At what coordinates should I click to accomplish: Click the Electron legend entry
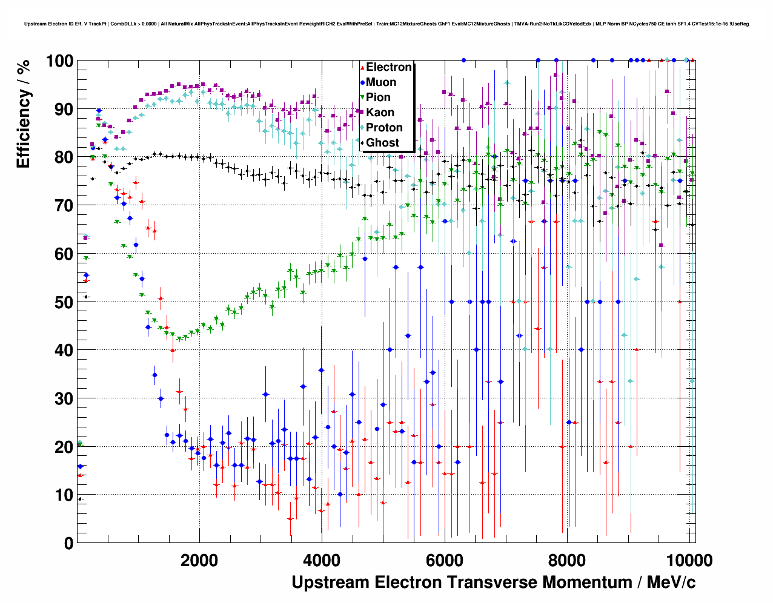click(x=388, y=67)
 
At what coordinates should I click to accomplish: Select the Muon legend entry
click(x=381, y=82)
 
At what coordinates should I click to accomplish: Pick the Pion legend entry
click(x=378, y=97)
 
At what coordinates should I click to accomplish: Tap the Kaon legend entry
click(x=380, y=113)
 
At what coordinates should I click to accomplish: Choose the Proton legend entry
click(x=384, y=128)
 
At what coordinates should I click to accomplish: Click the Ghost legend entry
click(x=382, y=143)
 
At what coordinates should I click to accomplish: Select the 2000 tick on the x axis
click(x=199, y=559)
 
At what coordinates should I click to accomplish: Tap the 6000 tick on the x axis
click(x=445, y=559)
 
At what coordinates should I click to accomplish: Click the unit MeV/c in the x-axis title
click(x=671, y=582)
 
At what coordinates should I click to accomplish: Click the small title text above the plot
click(x=386, y=24)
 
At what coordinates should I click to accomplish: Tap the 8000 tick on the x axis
click(x=567, y=559)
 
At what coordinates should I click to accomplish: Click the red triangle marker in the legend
click(x=362, y=67)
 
